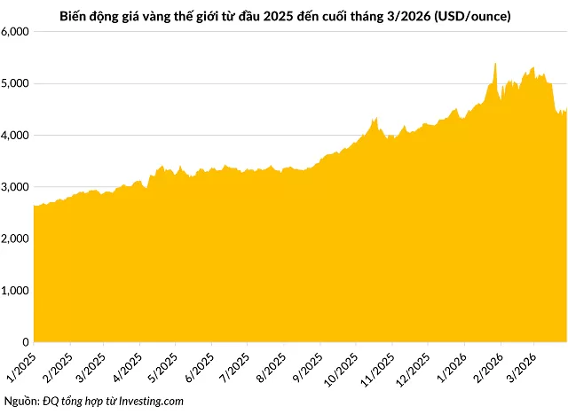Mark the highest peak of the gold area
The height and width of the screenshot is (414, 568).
click(x=494, y=64)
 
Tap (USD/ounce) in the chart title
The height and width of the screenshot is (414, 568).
click(x=471, y=16)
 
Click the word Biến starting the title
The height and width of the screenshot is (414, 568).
click(x=73, y=16)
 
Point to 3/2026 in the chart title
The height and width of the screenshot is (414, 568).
click(x=411, y=16)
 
